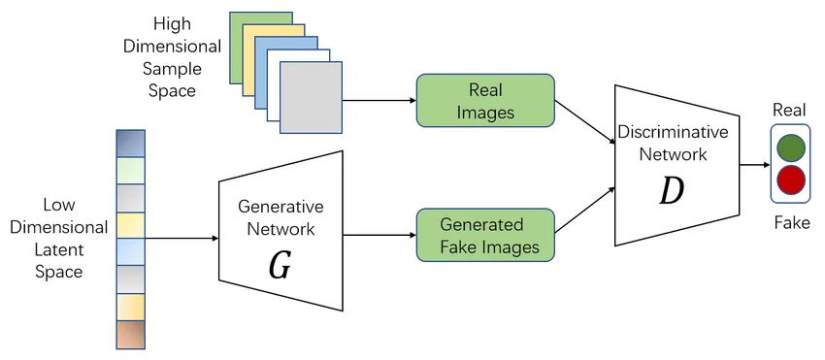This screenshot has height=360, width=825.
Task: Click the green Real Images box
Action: coord(485,100)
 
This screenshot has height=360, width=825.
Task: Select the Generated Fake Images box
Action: coord(485,235)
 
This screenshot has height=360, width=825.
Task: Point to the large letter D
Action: coord(671,191)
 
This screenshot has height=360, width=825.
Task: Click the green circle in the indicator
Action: coord(791,147)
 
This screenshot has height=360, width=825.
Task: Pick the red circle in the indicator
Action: coord(791,180)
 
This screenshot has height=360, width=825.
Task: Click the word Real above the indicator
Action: coord(790,110)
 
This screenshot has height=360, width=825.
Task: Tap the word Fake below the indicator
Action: coord(791,223)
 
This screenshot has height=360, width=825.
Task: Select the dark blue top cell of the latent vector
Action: coord(129,144)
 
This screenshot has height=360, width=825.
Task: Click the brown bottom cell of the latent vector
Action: coord(129,333)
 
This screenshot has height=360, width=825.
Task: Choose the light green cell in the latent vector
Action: coord(129,171)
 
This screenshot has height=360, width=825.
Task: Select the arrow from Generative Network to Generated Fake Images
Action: coord(379,235)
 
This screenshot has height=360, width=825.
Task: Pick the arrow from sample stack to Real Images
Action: coord(379,100)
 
